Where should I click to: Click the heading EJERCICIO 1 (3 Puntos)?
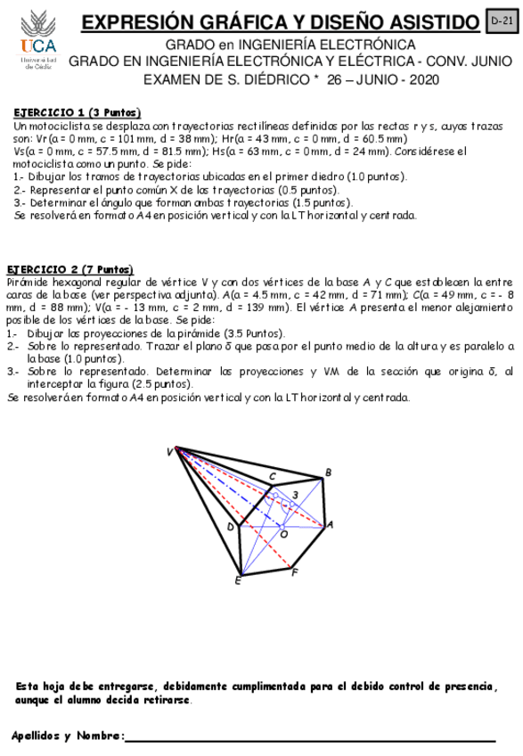pyautogui.click(x=78, y=113)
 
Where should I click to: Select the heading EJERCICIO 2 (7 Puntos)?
pyautogui.click(x=70, y=269)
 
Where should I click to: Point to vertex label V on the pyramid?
pyautogui.click(x=168, y=452)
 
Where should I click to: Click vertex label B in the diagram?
pyautogui.click(x=328, y=472)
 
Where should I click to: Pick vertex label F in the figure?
pyautogui.click(x=295, y=571)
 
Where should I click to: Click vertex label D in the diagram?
pyautogui.click(x=229, y=528)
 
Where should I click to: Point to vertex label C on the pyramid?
pyautogui.click(x=272, y=475)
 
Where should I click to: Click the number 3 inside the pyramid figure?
pyautogui.click(x=296, y=495)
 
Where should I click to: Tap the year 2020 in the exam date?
pyautogui.click(x=421, y=79)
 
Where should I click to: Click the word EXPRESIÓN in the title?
pyautogui.click(x=139, y=22)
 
